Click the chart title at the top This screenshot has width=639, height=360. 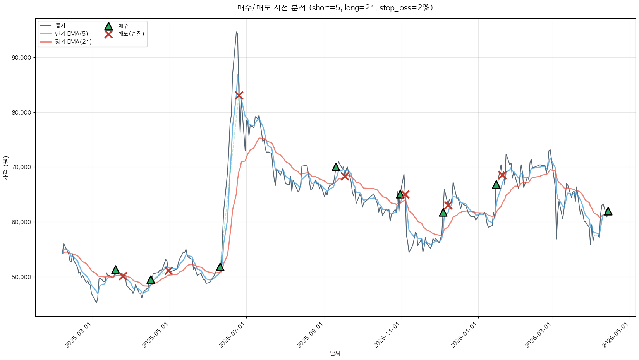[x=335, y=8]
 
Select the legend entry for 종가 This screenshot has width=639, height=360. [x=60, y=26]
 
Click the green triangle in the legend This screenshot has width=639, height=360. [x=108, y=26]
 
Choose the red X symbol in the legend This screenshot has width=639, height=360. [x=108, y=34]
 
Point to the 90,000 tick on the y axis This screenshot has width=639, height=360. [x=22, y=58]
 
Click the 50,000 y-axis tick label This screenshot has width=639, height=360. [x=22, y=277]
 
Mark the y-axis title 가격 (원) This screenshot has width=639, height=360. [x=5, y=168]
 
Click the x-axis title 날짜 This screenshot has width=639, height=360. [x=335, y=353]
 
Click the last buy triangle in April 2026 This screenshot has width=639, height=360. [x=608, y=211]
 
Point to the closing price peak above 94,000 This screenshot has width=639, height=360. [x=236, y=32]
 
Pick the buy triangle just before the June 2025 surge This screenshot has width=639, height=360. [x=220, y=267]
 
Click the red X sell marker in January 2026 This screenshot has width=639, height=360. [x=502, y=175]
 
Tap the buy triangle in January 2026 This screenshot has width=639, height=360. [x=496, y=184]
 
